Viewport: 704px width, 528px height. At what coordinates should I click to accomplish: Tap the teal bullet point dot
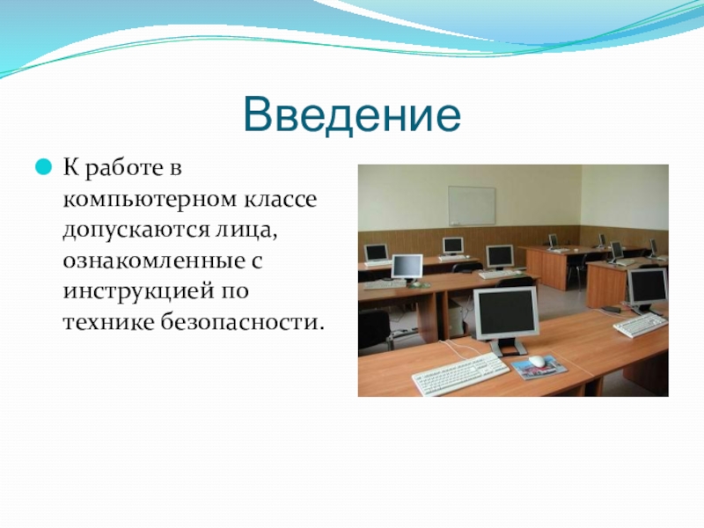[x=43, y=167]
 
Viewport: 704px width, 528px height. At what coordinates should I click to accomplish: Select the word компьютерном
[x=150, y=200]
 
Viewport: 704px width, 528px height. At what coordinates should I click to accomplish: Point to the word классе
[x=281, y=200]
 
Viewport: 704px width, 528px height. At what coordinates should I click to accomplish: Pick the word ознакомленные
[x=150, y=261]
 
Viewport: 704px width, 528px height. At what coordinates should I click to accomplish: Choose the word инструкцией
[x=138, y=292]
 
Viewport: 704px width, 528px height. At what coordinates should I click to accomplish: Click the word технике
[x=108, y=322]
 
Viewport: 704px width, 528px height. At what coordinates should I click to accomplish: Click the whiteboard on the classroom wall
[x=472, y=206]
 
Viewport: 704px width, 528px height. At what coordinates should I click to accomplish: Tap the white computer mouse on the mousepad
[x=537, y=361]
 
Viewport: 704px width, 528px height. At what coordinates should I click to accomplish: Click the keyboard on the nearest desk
[x=460, y=374]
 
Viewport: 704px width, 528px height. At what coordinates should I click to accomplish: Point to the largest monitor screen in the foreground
[x=506, y=312]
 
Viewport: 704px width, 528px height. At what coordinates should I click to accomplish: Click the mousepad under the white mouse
[x=539, y=366]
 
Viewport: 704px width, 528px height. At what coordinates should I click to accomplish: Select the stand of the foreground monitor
[x=507, y=348]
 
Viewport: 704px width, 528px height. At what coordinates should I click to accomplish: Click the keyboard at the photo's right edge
[x=641, y=325]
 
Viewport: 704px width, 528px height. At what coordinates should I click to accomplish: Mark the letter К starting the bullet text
[x=72, y=167]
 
